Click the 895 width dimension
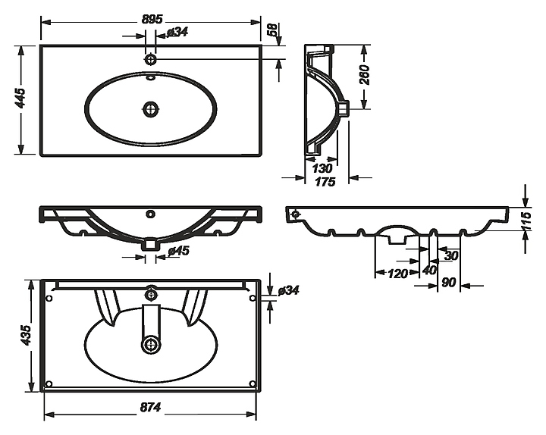152,19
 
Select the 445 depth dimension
21,98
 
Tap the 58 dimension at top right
273,30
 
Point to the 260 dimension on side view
364,74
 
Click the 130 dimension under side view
322,168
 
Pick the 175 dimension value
325,182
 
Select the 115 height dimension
527,221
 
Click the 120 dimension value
397,274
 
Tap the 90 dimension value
448,283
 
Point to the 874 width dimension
150,407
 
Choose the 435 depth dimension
26,335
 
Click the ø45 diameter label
178,251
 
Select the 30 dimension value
451,256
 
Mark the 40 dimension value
429,270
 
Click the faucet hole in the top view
150,59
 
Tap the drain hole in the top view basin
150,109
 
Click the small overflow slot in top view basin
151,77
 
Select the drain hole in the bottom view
151,345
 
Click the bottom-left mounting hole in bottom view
49,383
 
